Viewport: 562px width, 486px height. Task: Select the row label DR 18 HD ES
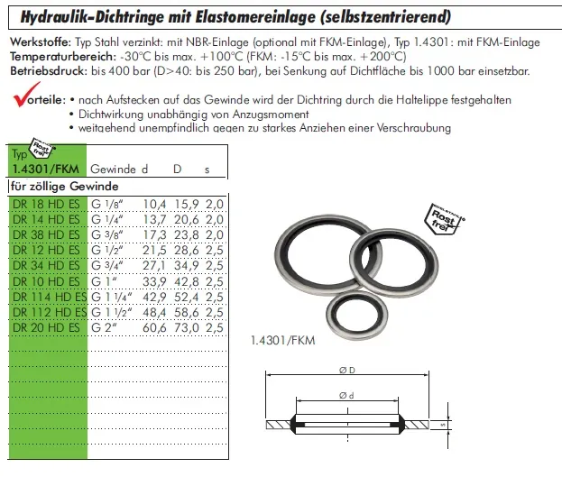point(47,205)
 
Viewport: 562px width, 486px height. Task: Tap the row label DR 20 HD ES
point(47,327)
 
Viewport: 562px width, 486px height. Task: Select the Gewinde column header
point(113,169)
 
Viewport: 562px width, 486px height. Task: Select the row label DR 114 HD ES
point(50,297)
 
